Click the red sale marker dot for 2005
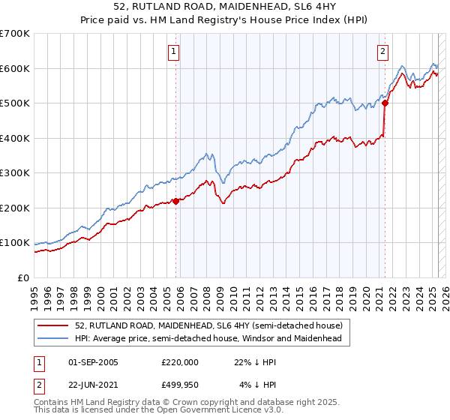tap(175, 201)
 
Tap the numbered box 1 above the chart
tap(174, 52)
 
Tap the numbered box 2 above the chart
tap(382, 52)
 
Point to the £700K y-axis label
tap(15, 34)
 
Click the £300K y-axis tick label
tap(15, 173)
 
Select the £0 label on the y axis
tap(24, 278)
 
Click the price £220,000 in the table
tap(180, 362)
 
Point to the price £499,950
tap(180, 385)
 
